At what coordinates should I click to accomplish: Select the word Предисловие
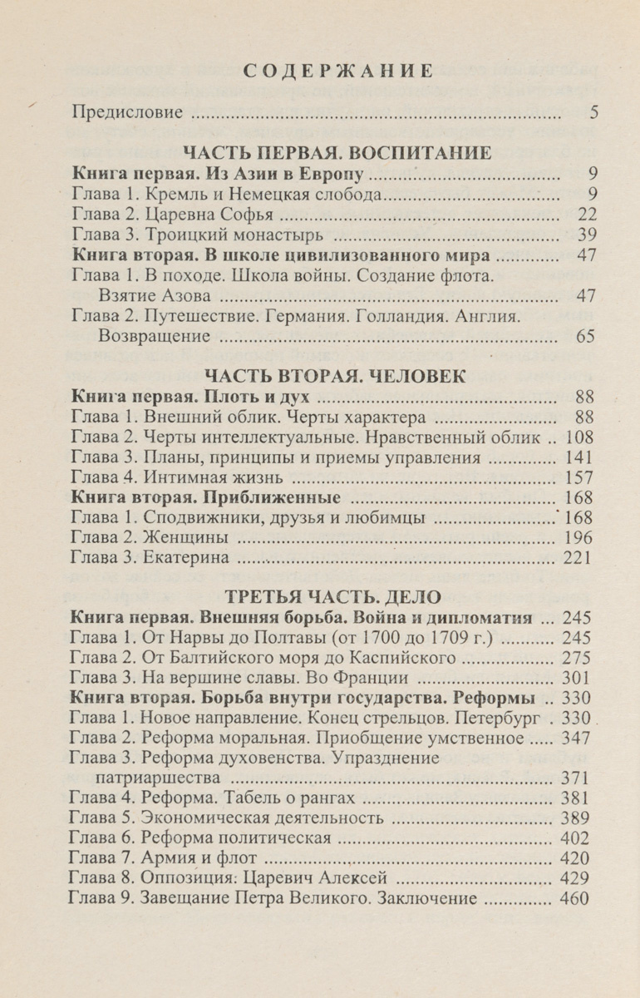[127, 111]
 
